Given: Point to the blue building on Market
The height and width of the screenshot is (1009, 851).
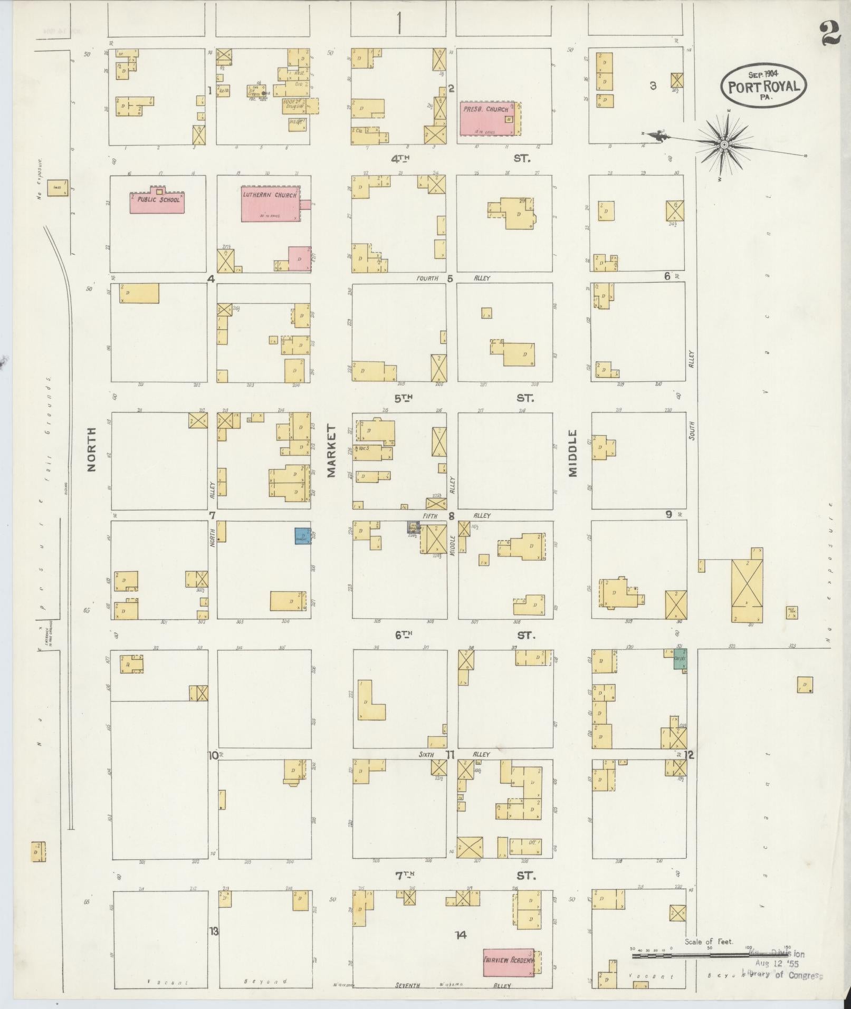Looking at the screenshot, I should [x=302, y=536].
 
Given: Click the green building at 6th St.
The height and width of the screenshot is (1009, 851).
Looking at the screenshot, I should [x=680, y=659].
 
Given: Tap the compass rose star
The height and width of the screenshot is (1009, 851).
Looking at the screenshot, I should [x=724, y=143].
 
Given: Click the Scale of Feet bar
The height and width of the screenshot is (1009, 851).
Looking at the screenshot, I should [x=710, y=955].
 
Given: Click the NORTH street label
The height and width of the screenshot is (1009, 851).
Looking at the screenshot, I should [x=92, y=449].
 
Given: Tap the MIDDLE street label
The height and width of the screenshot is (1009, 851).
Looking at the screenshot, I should [x=573, y=453].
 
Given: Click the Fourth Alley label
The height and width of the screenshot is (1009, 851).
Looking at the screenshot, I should [x=427, y=278].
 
